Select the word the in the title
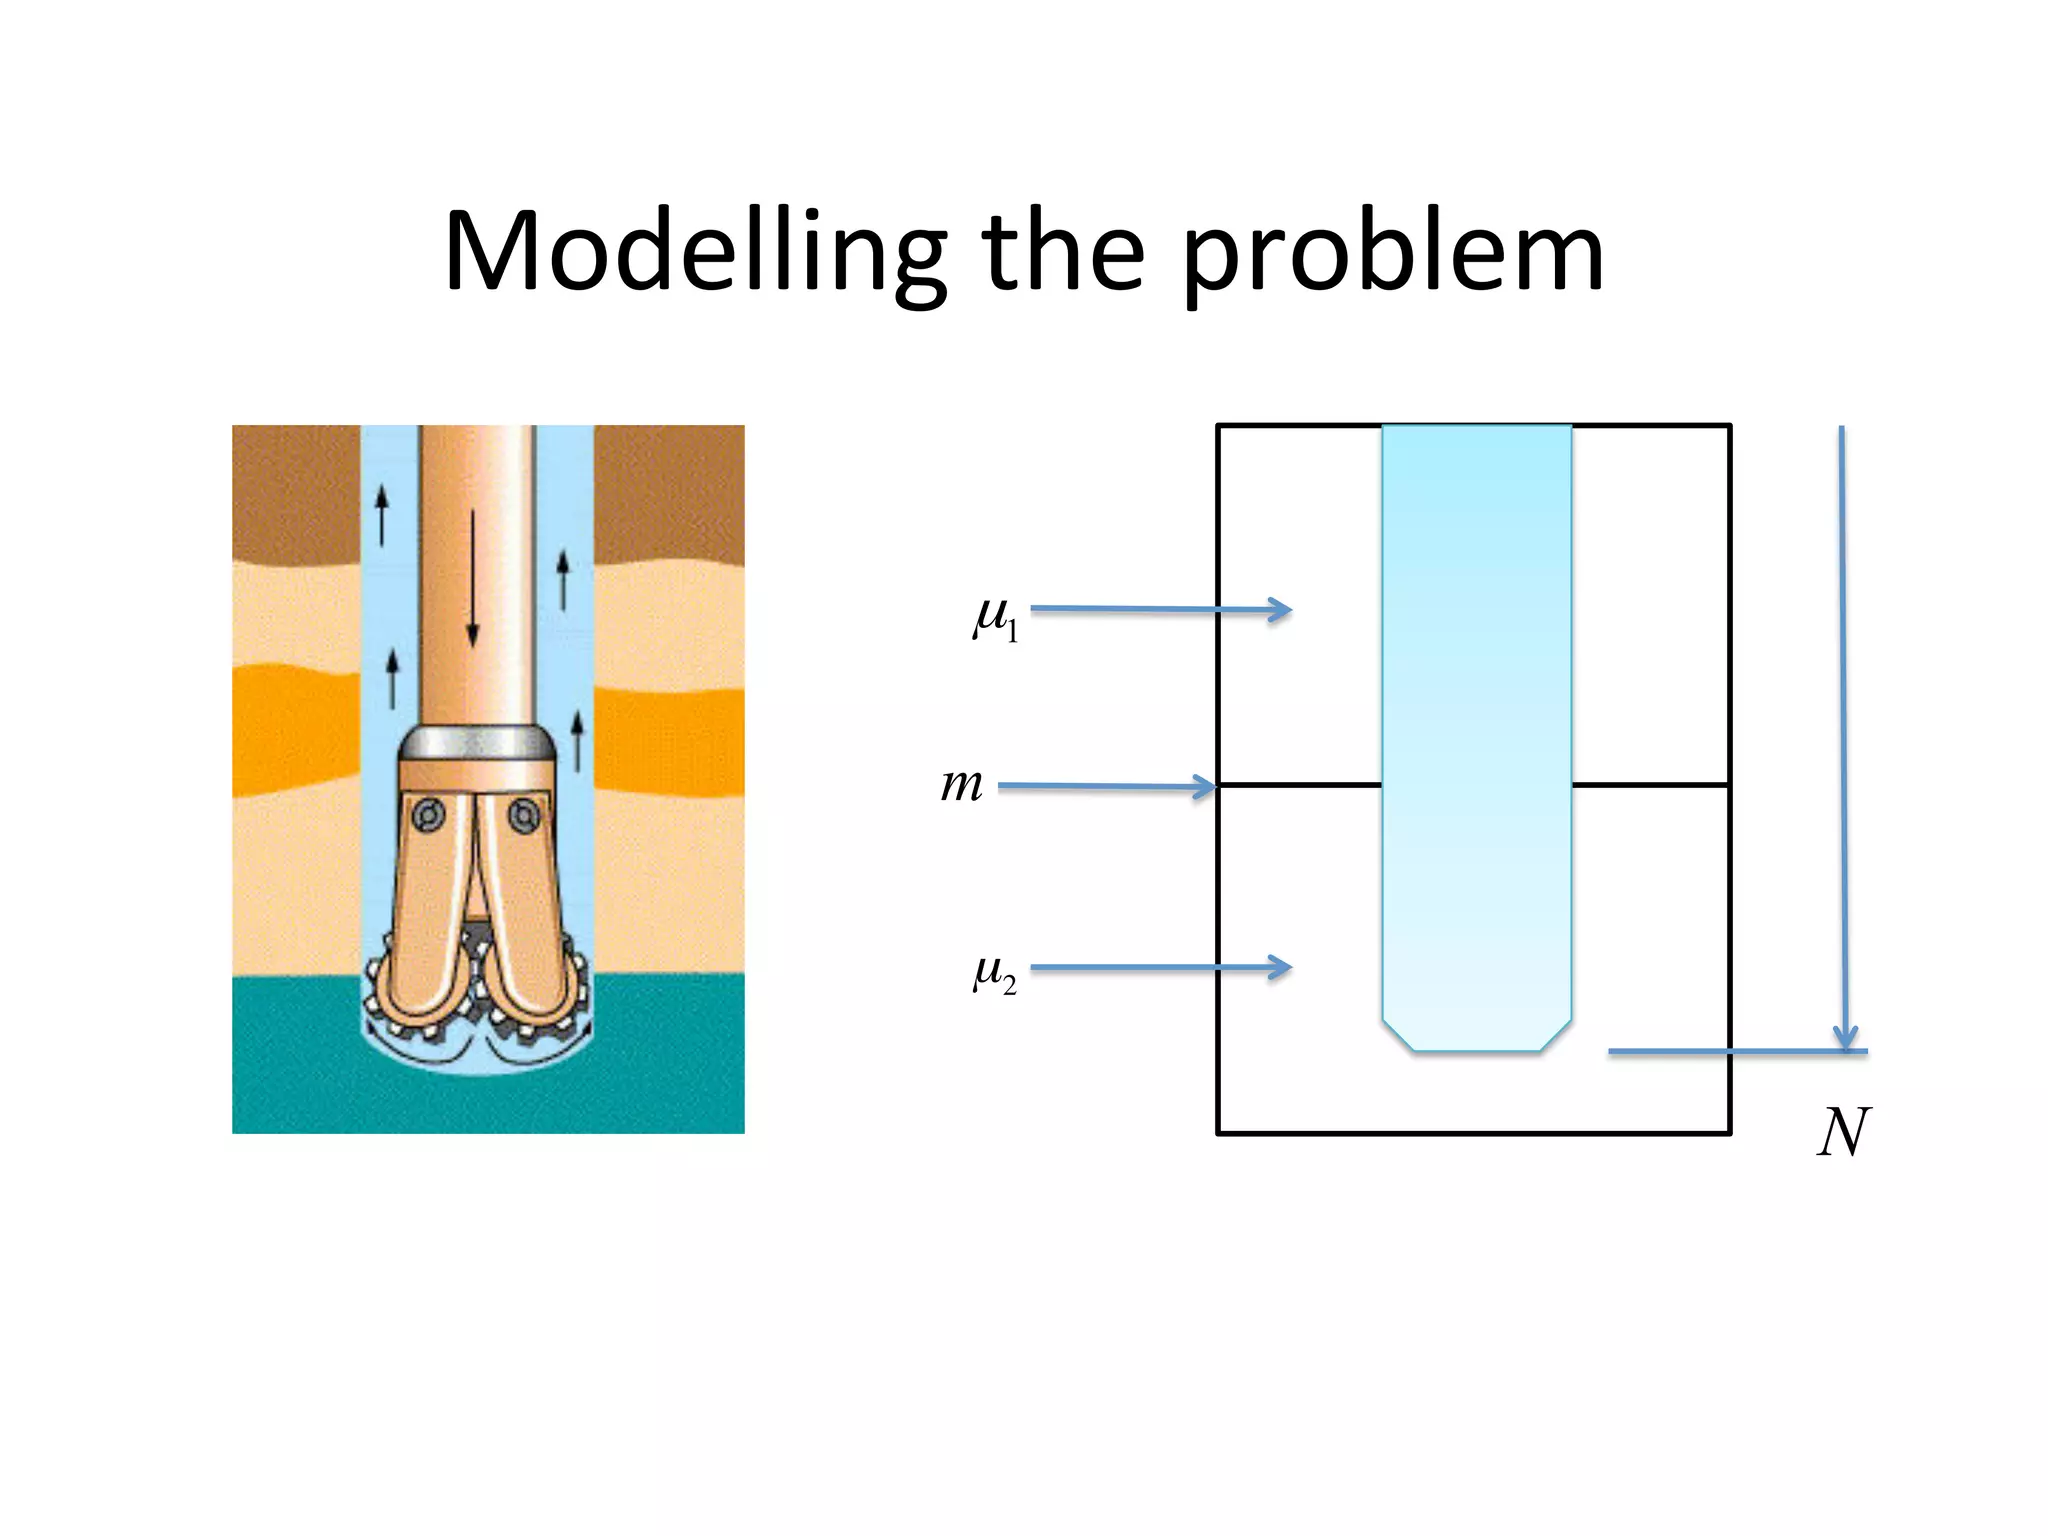(1062, 250)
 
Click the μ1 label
(996, 618)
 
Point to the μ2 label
(995, 973)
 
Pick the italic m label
(961, 785)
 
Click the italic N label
(1842, 1133)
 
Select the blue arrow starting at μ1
(1160, 609)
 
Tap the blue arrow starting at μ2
(1160, 967)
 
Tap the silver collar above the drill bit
(477, 743)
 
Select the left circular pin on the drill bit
(430, 816)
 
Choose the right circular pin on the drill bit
(523, 816)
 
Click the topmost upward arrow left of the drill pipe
(381, 516)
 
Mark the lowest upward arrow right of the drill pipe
(577, 741)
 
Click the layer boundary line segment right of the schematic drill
(1650, 785)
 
